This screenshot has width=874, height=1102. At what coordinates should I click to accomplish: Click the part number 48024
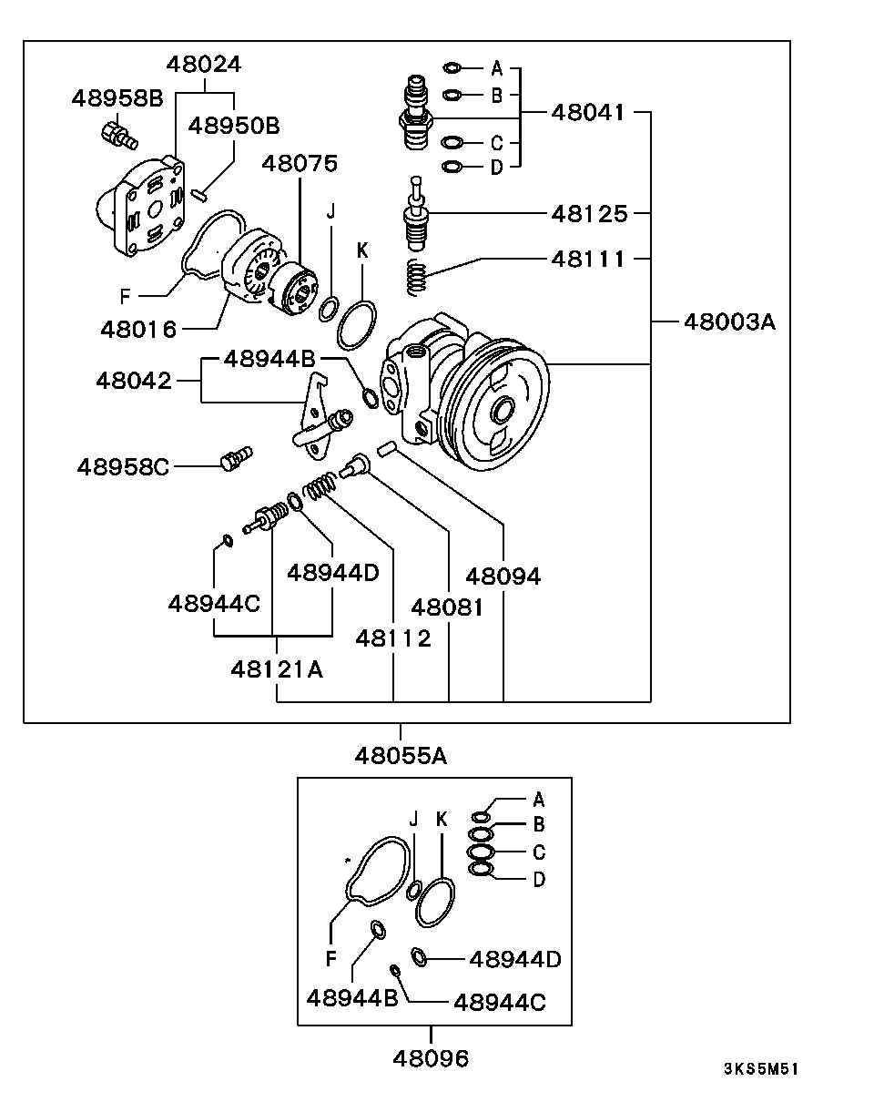(203, 65)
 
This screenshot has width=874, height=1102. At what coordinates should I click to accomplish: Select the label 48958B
(117, 98)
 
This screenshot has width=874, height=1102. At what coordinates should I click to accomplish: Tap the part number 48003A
(729, 322)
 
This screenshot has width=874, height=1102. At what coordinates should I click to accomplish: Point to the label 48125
(589, 213)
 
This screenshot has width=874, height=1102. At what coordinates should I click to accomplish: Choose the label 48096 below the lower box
(431, 1058)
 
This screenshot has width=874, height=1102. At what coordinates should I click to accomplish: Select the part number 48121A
(277, 669)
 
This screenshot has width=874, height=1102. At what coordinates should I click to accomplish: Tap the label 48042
(134, 381)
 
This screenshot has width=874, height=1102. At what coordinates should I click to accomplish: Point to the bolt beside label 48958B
(118, 137)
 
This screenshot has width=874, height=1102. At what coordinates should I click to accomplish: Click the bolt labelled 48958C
(237, 457)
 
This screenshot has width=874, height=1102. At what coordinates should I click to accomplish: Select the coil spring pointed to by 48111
(417, 277)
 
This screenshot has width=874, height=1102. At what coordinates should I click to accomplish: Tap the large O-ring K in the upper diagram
(357, 325)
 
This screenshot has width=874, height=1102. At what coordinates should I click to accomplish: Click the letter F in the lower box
(331, 958)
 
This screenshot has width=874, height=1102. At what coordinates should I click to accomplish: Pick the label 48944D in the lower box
(515, 959)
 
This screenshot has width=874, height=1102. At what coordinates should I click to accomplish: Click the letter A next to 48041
(497, 68)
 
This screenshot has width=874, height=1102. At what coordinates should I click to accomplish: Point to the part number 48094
(503, 577)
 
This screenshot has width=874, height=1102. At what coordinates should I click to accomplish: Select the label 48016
(138, 330)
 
